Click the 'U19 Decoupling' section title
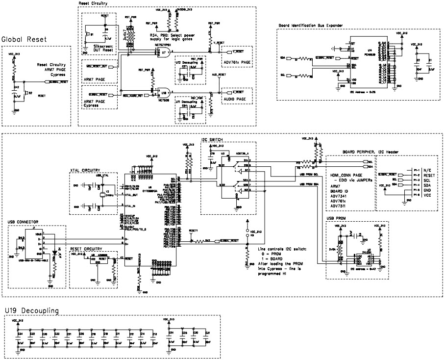pos(32,310)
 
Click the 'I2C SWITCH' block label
pos(212,140)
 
